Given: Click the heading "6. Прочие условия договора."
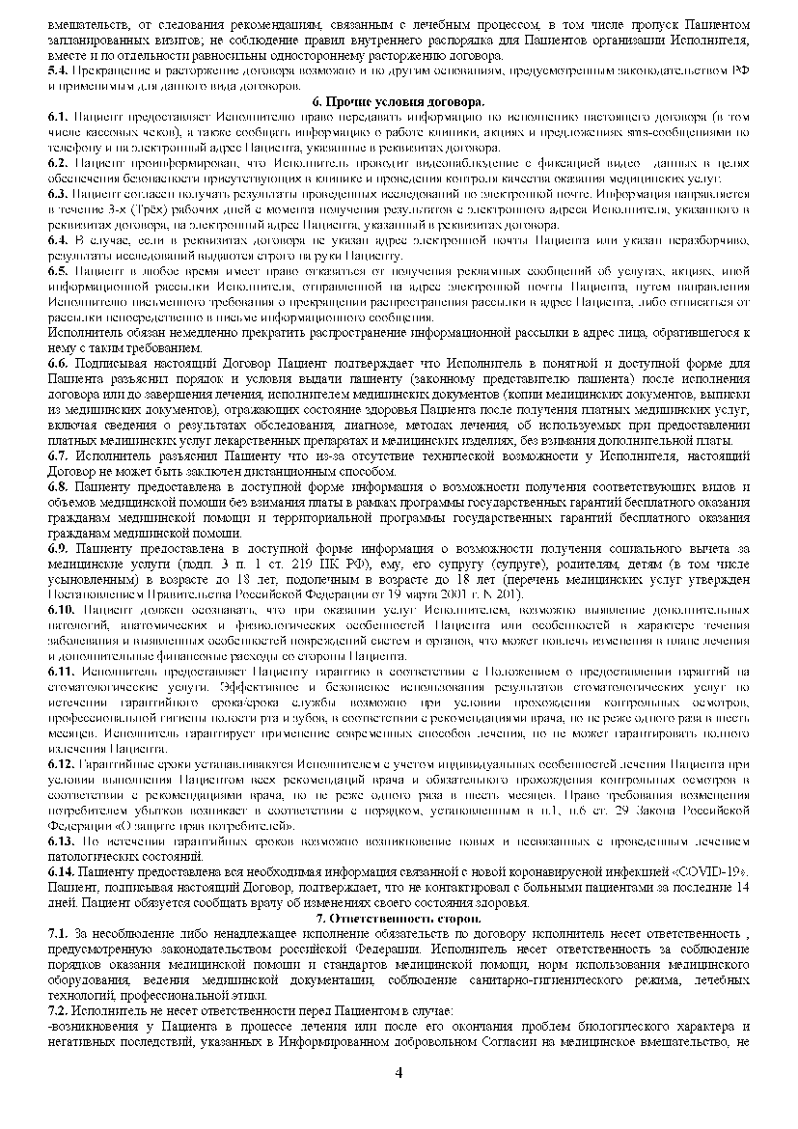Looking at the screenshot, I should click(x=399, y=101).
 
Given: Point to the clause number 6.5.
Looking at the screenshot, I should click(x=57, y=271).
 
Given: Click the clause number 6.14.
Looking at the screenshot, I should click(x=60, y=872).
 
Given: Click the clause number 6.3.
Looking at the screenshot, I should click(x=57, y=194).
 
